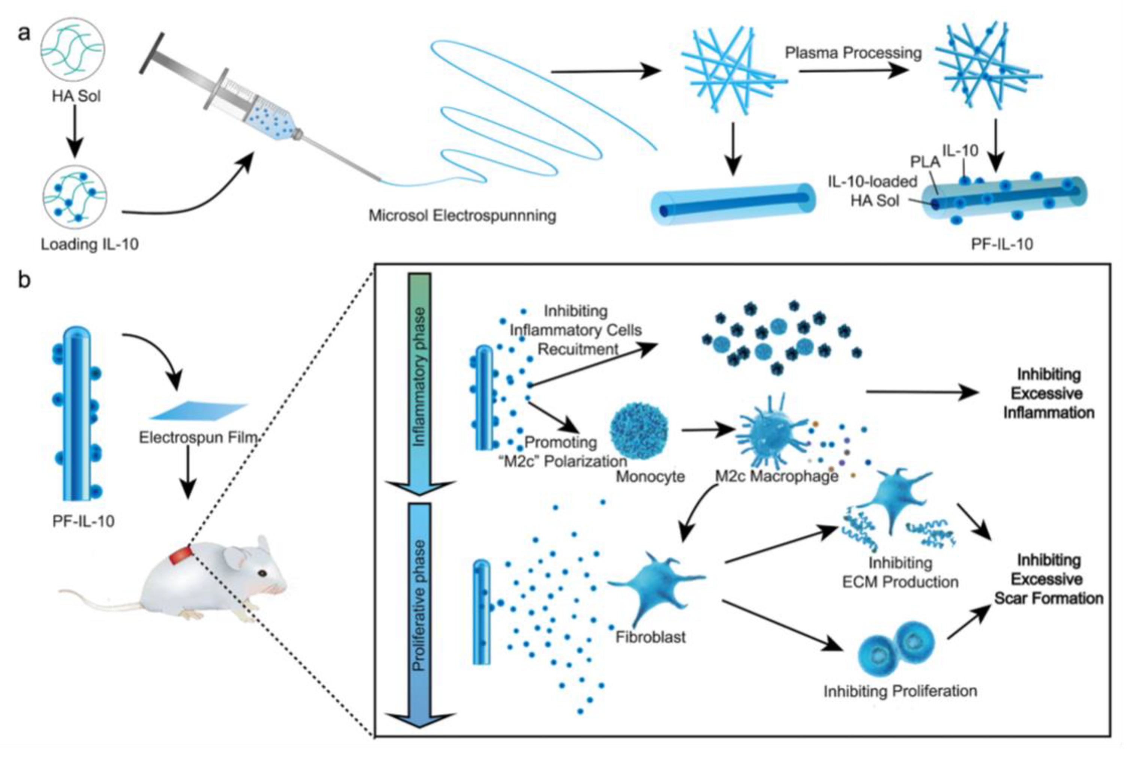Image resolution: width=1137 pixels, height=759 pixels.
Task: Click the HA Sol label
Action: (x=76, y=96)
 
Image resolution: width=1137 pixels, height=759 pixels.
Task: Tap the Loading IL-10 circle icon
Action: (x=74, y=198)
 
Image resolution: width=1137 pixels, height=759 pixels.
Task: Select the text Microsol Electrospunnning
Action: (x=462, y=216)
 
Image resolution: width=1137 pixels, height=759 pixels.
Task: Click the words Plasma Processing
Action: (x=853, y=53)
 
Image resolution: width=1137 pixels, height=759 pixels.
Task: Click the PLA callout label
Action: (x=925, y=162)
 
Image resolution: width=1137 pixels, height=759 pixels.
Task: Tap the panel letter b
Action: (x=24, y=279)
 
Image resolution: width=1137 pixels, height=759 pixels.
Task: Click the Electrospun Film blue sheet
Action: (x=198, y=411)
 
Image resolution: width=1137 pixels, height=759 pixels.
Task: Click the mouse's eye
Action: (x=262, y=573)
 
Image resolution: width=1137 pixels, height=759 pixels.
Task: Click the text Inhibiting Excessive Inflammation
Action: (x=1048, y=394)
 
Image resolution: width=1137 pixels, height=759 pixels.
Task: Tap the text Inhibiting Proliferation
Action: (x=900, y=691)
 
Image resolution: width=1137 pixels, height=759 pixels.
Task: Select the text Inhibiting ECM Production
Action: (x=900, y=572)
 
